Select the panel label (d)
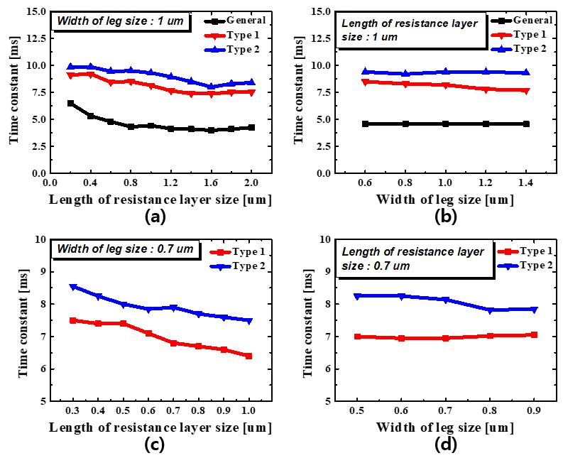[445, 445]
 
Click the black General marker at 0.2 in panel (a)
[70, 104]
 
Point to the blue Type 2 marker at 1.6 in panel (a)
[211, 87]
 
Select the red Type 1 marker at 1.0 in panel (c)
[248, 356]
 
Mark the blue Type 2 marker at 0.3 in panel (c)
[73, 287]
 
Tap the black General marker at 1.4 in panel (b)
[526, 124]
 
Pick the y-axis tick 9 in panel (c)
[41, 271]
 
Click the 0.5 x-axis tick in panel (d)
[357, 412]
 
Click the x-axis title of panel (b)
[445, 200]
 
